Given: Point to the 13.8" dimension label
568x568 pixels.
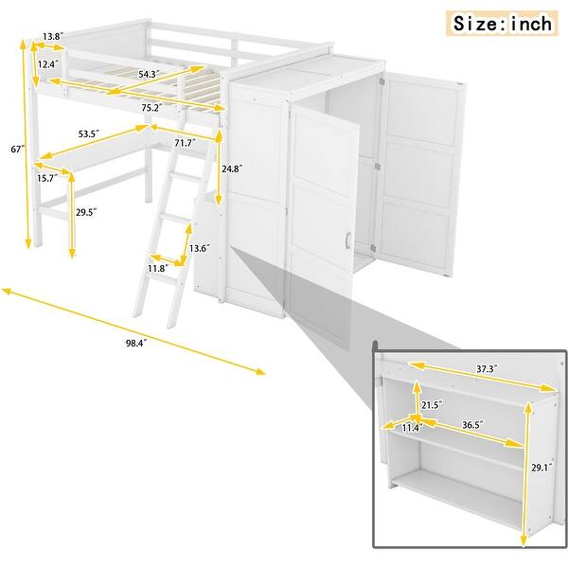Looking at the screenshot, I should [53, 37].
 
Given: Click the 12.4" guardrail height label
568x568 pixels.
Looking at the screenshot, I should [47, 64].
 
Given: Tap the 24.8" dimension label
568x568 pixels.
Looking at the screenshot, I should [230, 168].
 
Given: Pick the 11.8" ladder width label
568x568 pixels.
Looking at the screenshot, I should [156, 269].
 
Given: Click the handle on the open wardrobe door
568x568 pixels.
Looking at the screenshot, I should [348, 241].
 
